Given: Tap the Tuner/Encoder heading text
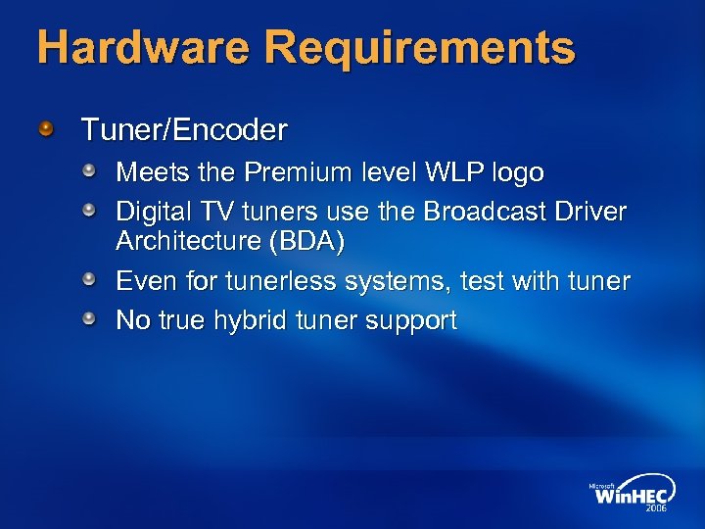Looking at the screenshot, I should pyautogui.click(x=184, y=129).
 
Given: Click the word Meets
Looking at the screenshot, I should pyautogui.click(x=149, y=173).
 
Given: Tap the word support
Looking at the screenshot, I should pyautogui.click(x=411, y=320).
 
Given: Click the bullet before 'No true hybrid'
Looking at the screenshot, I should pyautogui.click(x=89, y=319).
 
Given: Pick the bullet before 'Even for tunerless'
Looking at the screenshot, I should pyautogui.click(x=89, y=281).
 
